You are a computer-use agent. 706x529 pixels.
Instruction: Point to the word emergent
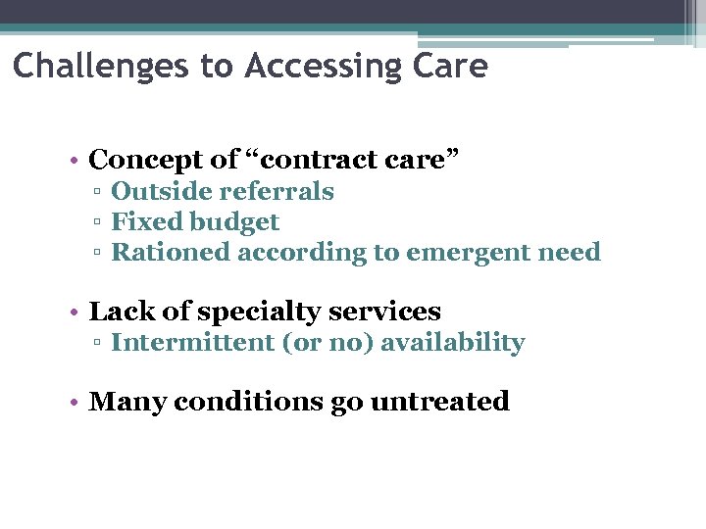(461, 252)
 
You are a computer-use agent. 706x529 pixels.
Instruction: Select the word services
(385, 312)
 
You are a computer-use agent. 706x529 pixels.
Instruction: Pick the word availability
(452, 342)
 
